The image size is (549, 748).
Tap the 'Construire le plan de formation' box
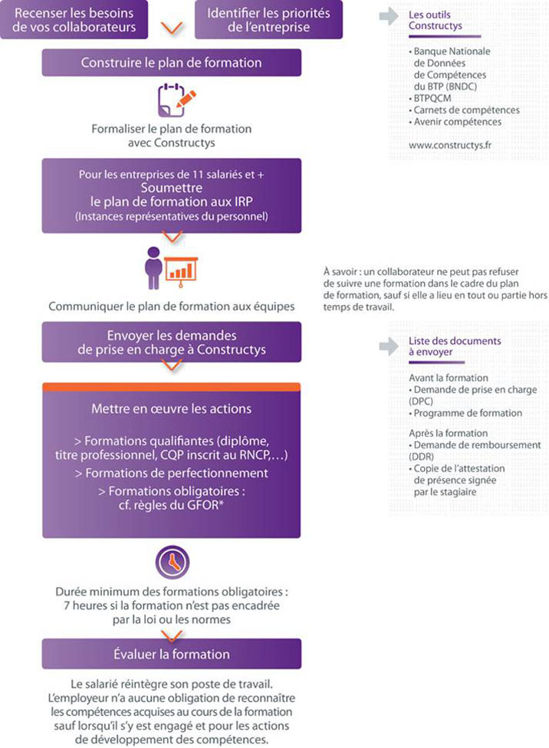click(x=171, y=62)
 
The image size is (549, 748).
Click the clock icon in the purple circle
click(x=171, y=563)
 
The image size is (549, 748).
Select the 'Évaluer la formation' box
click(x=171, y=654)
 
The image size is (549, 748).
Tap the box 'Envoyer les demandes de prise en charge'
click(x=171, y=343)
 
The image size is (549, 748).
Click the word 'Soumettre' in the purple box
click(x=171, y=188)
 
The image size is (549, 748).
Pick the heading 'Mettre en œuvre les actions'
click(x=171, y=408)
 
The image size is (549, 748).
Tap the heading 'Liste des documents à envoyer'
click(x=444, y=346)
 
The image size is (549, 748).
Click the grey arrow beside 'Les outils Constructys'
click(x=390, y=15)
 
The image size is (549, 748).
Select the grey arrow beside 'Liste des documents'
click(x=390, y=346)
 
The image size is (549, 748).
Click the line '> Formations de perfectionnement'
click(x=171, y=473)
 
